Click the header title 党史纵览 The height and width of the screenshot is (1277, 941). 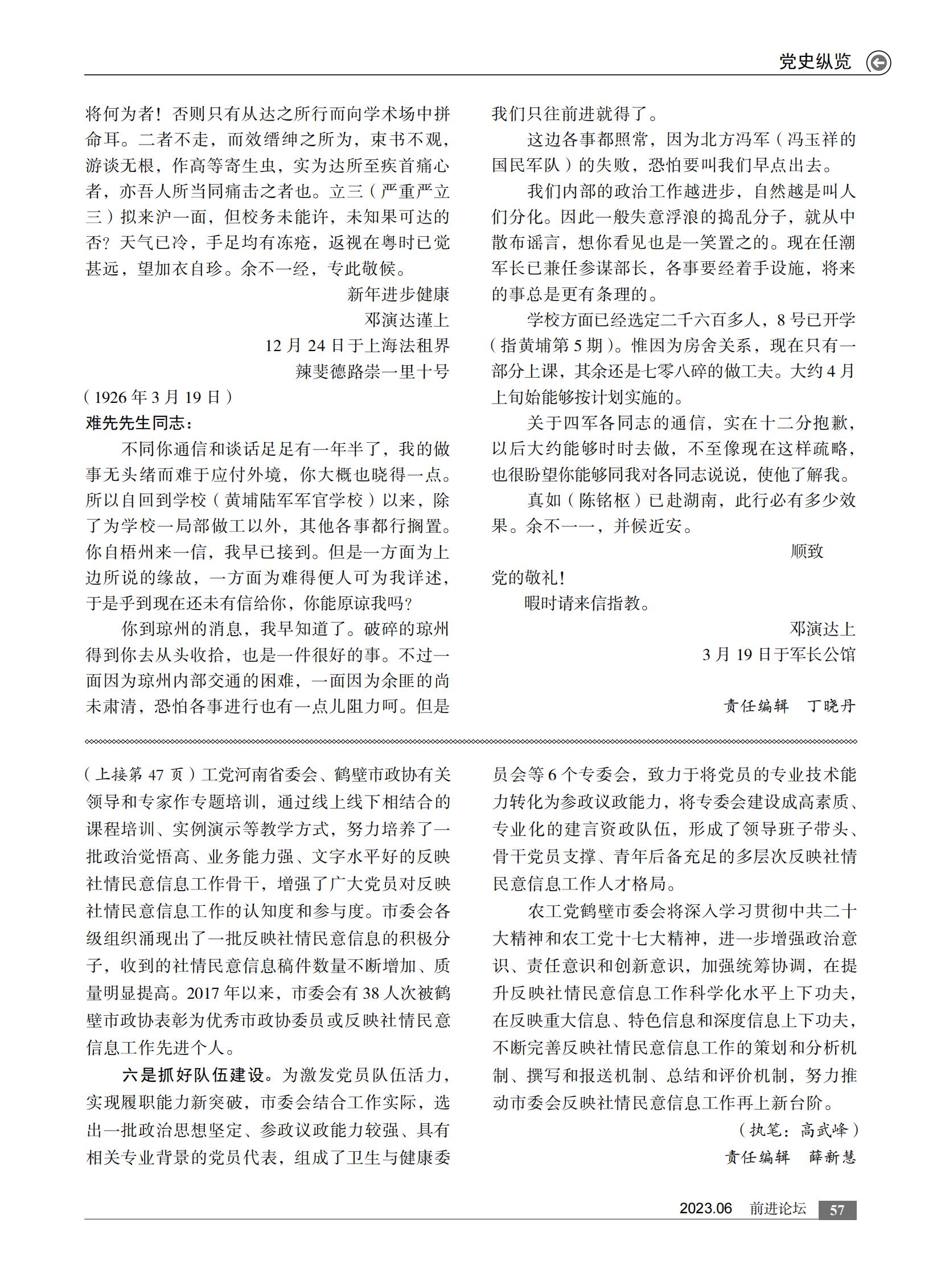(815, 61)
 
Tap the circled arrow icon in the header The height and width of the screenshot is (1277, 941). (878, 63)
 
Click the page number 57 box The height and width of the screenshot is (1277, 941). (837, 1209)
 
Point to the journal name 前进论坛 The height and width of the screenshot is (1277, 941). (778, 1209)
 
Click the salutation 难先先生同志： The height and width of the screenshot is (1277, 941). (139, 422)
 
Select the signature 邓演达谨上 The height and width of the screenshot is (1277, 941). (406, 320)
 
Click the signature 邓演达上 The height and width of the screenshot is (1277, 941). (822, 628)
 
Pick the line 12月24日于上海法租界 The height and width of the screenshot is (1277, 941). (357, 345)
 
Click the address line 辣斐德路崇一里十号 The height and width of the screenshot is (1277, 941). (372, 371)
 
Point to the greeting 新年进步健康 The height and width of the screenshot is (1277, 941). (398, 294)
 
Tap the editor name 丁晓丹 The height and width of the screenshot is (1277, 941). (832, 706)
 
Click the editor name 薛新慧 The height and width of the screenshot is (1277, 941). (832, 1157)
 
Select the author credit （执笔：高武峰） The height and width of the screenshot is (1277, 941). (798, 1130)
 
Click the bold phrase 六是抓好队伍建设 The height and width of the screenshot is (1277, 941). (194, 1075)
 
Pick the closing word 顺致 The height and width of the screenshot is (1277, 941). (807, 551)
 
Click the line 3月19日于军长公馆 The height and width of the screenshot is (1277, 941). (779, 654)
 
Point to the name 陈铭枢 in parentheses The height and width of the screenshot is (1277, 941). (605, 500)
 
